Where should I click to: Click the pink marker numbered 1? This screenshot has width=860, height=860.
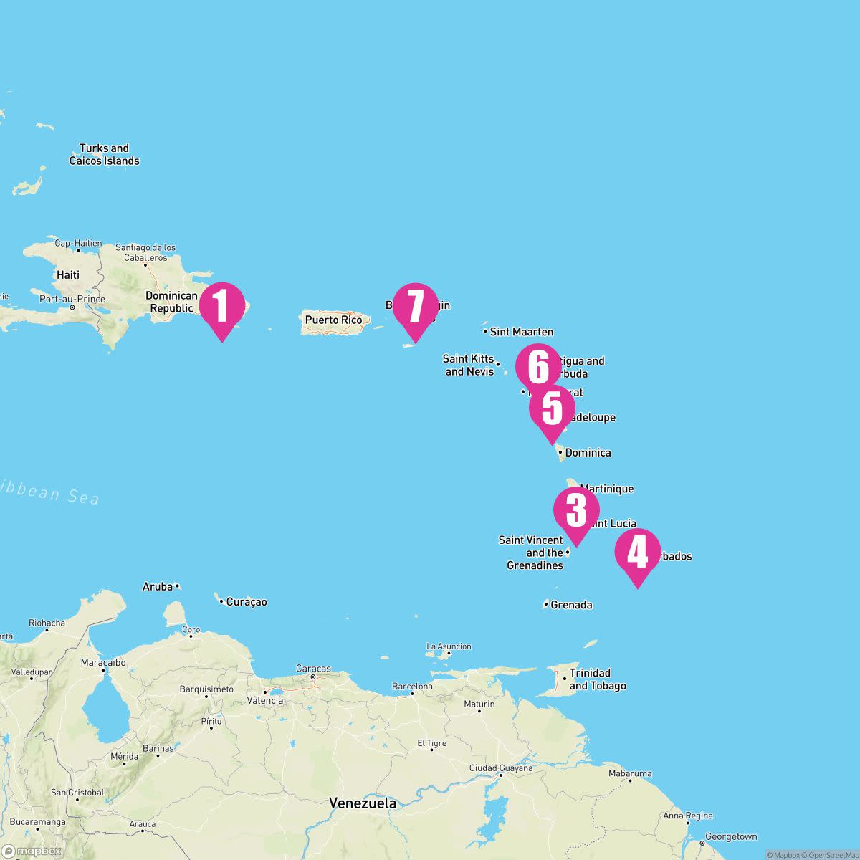coord(221,306)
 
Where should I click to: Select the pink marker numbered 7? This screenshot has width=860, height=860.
coord(415,306)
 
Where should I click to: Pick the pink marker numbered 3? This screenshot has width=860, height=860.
coord(576,510)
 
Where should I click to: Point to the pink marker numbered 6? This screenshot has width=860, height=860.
coord(538,367)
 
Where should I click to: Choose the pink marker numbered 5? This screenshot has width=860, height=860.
coord(552,408)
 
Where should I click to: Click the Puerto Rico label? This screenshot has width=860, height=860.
coord(333,320)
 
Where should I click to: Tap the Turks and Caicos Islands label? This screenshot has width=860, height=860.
coord(104,155)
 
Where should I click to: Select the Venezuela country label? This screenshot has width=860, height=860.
coord(363,803)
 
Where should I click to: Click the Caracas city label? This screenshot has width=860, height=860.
coord(313,669)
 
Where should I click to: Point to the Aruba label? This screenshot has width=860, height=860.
coord(158,587)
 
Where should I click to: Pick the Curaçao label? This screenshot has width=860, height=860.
coord(246,602)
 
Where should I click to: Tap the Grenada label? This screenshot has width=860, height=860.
coord(571,605)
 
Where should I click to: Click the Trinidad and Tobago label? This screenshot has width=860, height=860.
coord(597,679)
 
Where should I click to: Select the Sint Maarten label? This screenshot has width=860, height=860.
coord(521,332)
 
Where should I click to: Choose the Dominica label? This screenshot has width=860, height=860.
coord(588,453)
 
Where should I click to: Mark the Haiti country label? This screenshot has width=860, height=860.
coord(68,274)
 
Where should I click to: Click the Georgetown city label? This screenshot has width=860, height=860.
coord(731,836)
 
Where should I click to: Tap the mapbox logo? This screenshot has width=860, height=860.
coord(32,851)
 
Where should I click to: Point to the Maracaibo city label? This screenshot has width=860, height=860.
coord(103,662)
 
